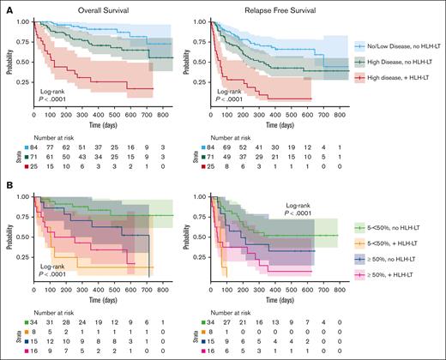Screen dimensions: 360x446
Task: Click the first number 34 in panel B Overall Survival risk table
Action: [x=34, y=321]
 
